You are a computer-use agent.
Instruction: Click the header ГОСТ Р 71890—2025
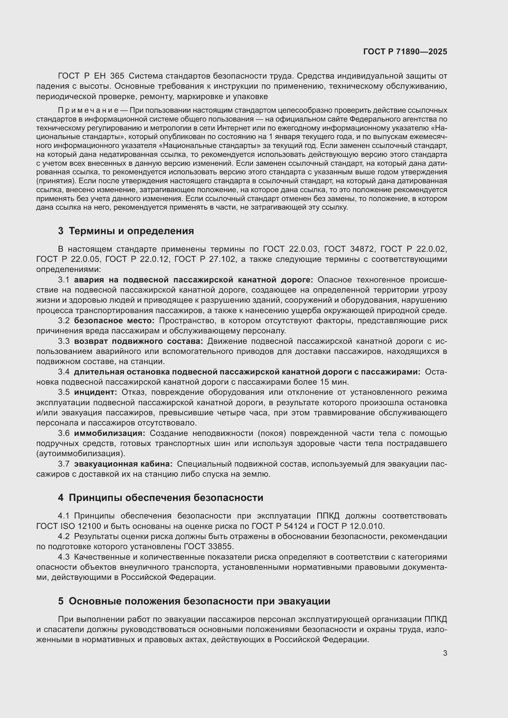(x=405, y=52)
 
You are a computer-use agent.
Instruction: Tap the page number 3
(x=445, y=653)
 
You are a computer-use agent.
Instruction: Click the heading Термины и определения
(x=131, y=231)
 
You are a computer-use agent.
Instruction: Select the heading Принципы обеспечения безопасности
(x=166, y=498)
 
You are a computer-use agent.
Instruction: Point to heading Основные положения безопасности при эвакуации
(x=199, y=601)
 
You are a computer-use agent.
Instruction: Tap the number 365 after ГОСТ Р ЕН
(x=117, y=76)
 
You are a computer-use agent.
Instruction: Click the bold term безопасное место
(x=114, y=321)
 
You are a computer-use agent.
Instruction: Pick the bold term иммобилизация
(x=109, y=433)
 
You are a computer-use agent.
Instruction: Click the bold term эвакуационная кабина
(x=123, y=464)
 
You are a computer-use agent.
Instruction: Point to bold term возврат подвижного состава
(x=139, y=341)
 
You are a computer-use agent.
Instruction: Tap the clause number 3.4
(x=64, y=372)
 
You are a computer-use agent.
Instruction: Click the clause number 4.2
(x=64, y=537)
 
